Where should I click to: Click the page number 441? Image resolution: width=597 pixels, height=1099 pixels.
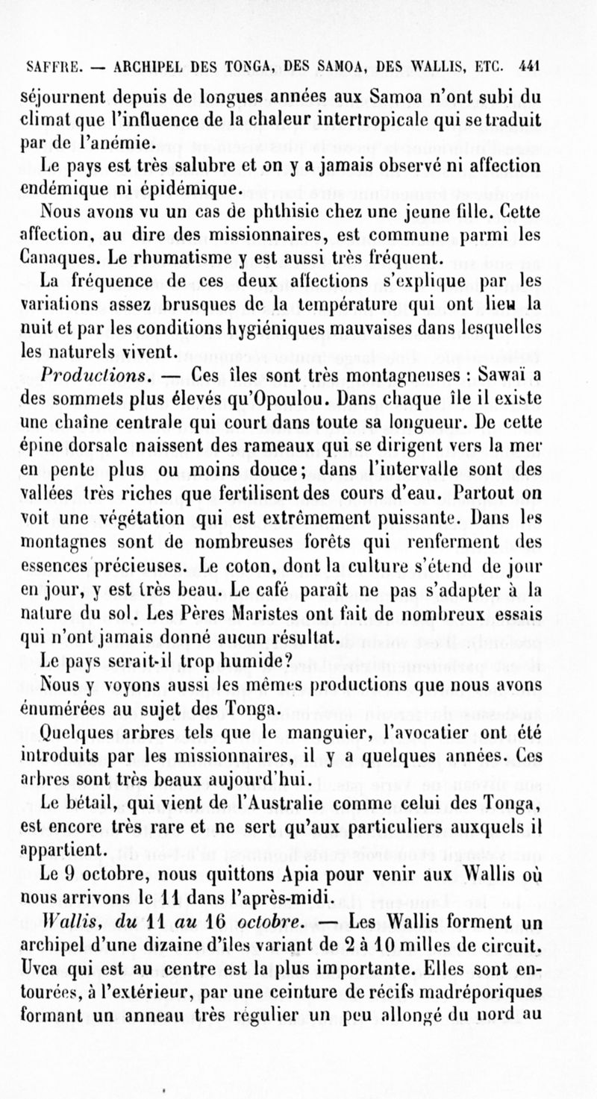point(528,65)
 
